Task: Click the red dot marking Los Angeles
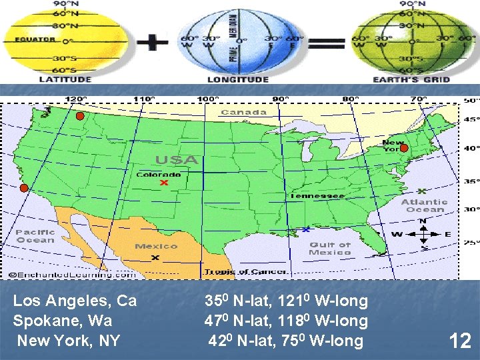pos(23,188)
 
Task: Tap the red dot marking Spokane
pos(79,117)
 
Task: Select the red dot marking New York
pos(403,148)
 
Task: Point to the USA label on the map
pos(177,160)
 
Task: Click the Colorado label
pos(158,175)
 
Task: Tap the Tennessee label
pos(316,195)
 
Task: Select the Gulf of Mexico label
pos(330,249)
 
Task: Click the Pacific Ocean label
pos(35,235)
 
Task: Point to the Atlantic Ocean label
pos(424,205)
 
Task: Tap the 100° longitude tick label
pos(209,99)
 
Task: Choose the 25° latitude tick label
pos(471,243)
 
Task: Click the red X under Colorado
pos(163,183)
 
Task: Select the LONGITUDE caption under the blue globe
pos(238,79)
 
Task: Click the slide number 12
pos(460,341)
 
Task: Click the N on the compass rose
pos(423,221)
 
